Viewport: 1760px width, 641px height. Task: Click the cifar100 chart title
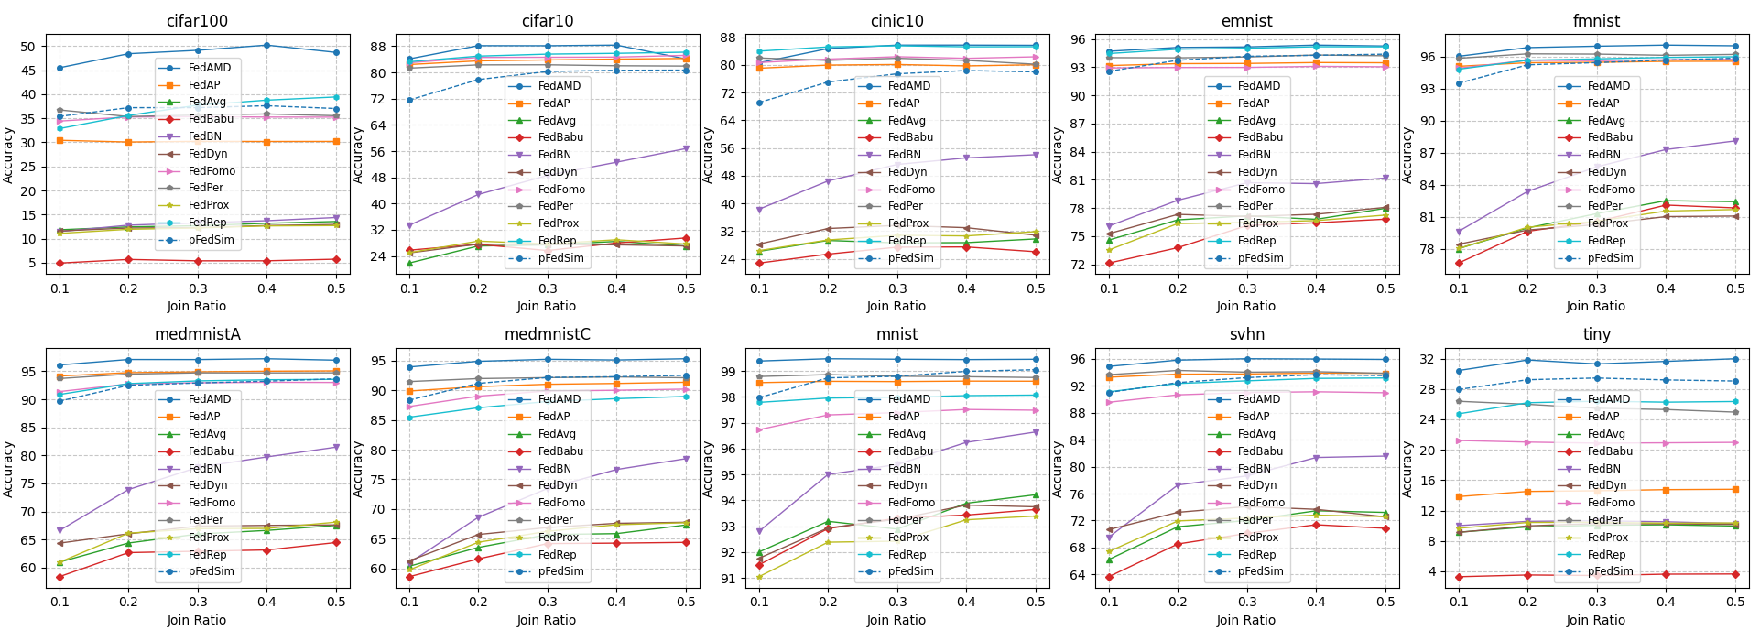click(x=197, y=20)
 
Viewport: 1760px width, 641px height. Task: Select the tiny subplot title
click(x=1596, y=334)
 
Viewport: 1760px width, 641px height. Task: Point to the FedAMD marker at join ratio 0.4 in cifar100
click(x=266, y=45)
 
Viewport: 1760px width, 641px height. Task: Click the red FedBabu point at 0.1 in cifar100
click(x=60, y=263)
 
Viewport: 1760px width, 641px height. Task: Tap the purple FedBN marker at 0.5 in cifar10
click(x=686, y=148)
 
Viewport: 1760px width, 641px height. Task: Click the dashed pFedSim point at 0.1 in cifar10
click(x=409, y=100)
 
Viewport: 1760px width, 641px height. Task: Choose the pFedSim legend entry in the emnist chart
click(x=1260, y=258)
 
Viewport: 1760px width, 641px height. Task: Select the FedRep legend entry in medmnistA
click(x=207, y=554)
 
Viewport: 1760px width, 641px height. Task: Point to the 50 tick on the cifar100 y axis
click(x=27, y=47)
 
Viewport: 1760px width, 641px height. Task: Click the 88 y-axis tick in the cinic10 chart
click(x=728, y=38)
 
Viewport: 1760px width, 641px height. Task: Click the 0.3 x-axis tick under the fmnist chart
click(x=1596, y=288)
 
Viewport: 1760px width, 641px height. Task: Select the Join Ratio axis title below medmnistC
click(x=547, y=620)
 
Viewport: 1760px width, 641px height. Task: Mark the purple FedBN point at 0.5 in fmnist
click(x=1734, y=141)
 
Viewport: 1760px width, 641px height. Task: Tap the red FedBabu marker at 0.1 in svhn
click(x=1109, y=577)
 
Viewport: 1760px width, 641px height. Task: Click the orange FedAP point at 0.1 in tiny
click(x=1459, y=497)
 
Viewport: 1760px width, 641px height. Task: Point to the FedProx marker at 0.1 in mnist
click(x=759, y=577)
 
